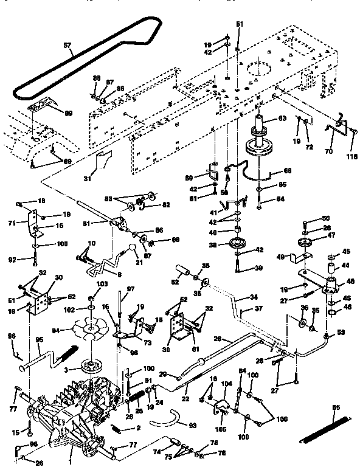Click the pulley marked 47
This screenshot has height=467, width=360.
[305, 243]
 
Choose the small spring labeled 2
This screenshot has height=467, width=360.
[122, 429]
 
